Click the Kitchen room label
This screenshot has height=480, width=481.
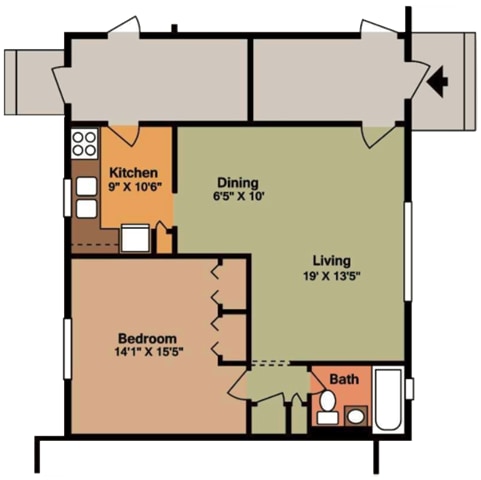pyautogui.click(x=134, y=173)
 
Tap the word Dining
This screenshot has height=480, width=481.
pyautogui.click(x=238, y=183)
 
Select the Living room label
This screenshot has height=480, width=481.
pyautogui.click(x=332, y=261)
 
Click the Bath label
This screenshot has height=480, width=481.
pyautogui.click(x=344, y=379)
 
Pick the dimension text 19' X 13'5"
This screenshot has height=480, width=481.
pyautogui.click(x=332, y=276)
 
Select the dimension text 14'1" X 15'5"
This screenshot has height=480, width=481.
pyautogui.click(x=149, y=352)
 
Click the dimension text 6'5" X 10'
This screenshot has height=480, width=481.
pyautogui.click(x=239, y=196)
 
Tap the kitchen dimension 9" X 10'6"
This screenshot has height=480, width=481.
pyautogui.click(x=135, y=187)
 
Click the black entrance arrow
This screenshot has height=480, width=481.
pyautogui.click(x=437, y=81)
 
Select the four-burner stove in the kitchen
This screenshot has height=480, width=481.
pyautogui.click(x=84, y=144)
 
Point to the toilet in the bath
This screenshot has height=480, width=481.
pyautogui.click(x=327, y=406)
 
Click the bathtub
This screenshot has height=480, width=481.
pyautogui.click(x=388, y=399)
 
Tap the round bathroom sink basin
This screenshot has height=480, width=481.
pyautogui.click(x=356, y=416)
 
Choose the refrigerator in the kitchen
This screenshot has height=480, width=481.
pyautogui.click(x=135, y=238)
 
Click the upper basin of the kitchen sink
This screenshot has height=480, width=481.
pyautogui.click(x=87, y=186)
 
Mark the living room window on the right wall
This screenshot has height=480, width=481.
pyautogui.click(x=408, y=251)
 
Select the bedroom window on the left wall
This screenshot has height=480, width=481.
pyautogui.click(x=68, y=349)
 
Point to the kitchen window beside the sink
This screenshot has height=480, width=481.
pyautogui.click(x=67, y=198)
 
